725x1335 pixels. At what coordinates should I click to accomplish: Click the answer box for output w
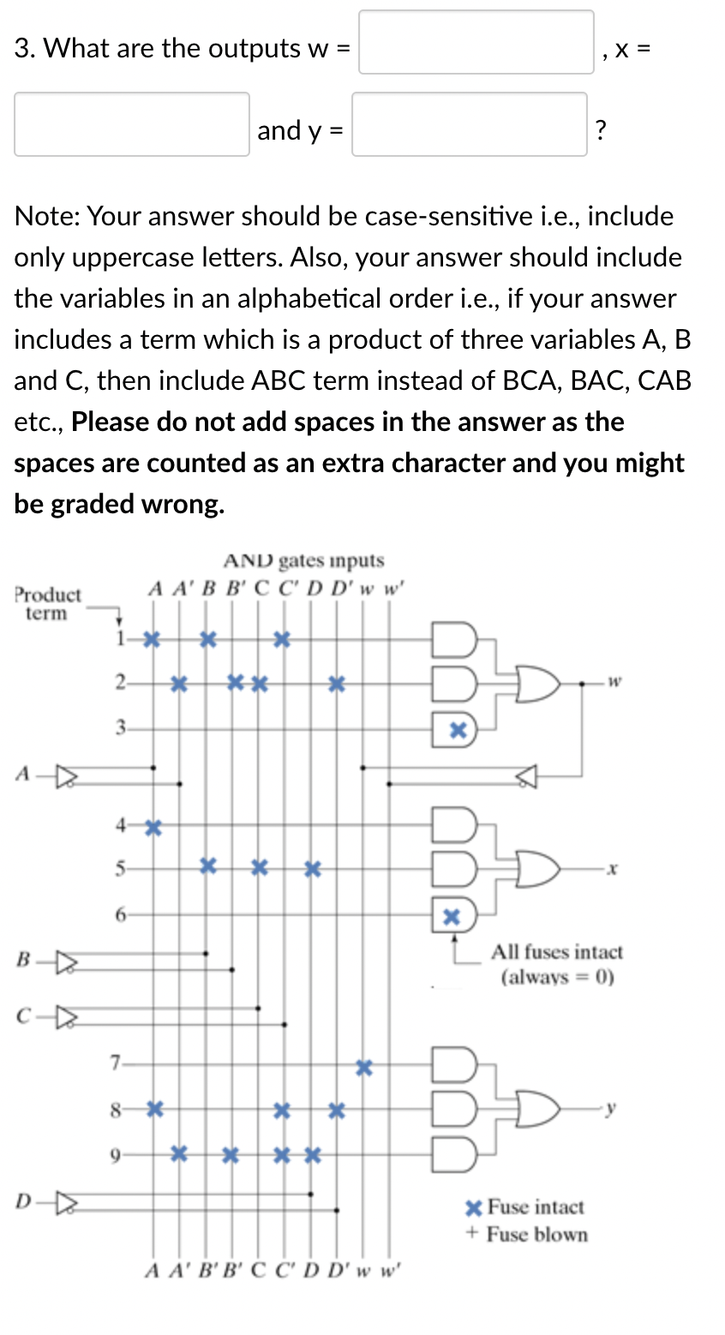pos(476,42)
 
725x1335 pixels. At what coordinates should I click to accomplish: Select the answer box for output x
pos(131,124)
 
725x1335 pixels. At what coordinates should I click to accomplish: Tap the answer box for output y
pos(469,124)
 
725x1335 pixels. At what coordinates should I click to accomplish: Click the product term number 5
pos(121,868)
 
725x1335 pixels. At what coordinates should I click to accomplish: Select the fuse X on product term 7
pos(364,1068)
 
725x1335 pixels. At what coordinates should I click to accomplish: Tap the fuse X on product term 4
pos(153,827)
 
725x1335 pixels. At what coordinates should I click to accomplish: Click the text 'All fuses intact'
pos(557,952)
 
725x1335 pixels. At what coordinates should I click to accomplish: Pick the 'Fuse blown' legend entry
pos(527,1235)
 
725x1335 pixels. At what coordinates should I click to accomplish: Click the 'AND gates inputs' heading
pos(303,560)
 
